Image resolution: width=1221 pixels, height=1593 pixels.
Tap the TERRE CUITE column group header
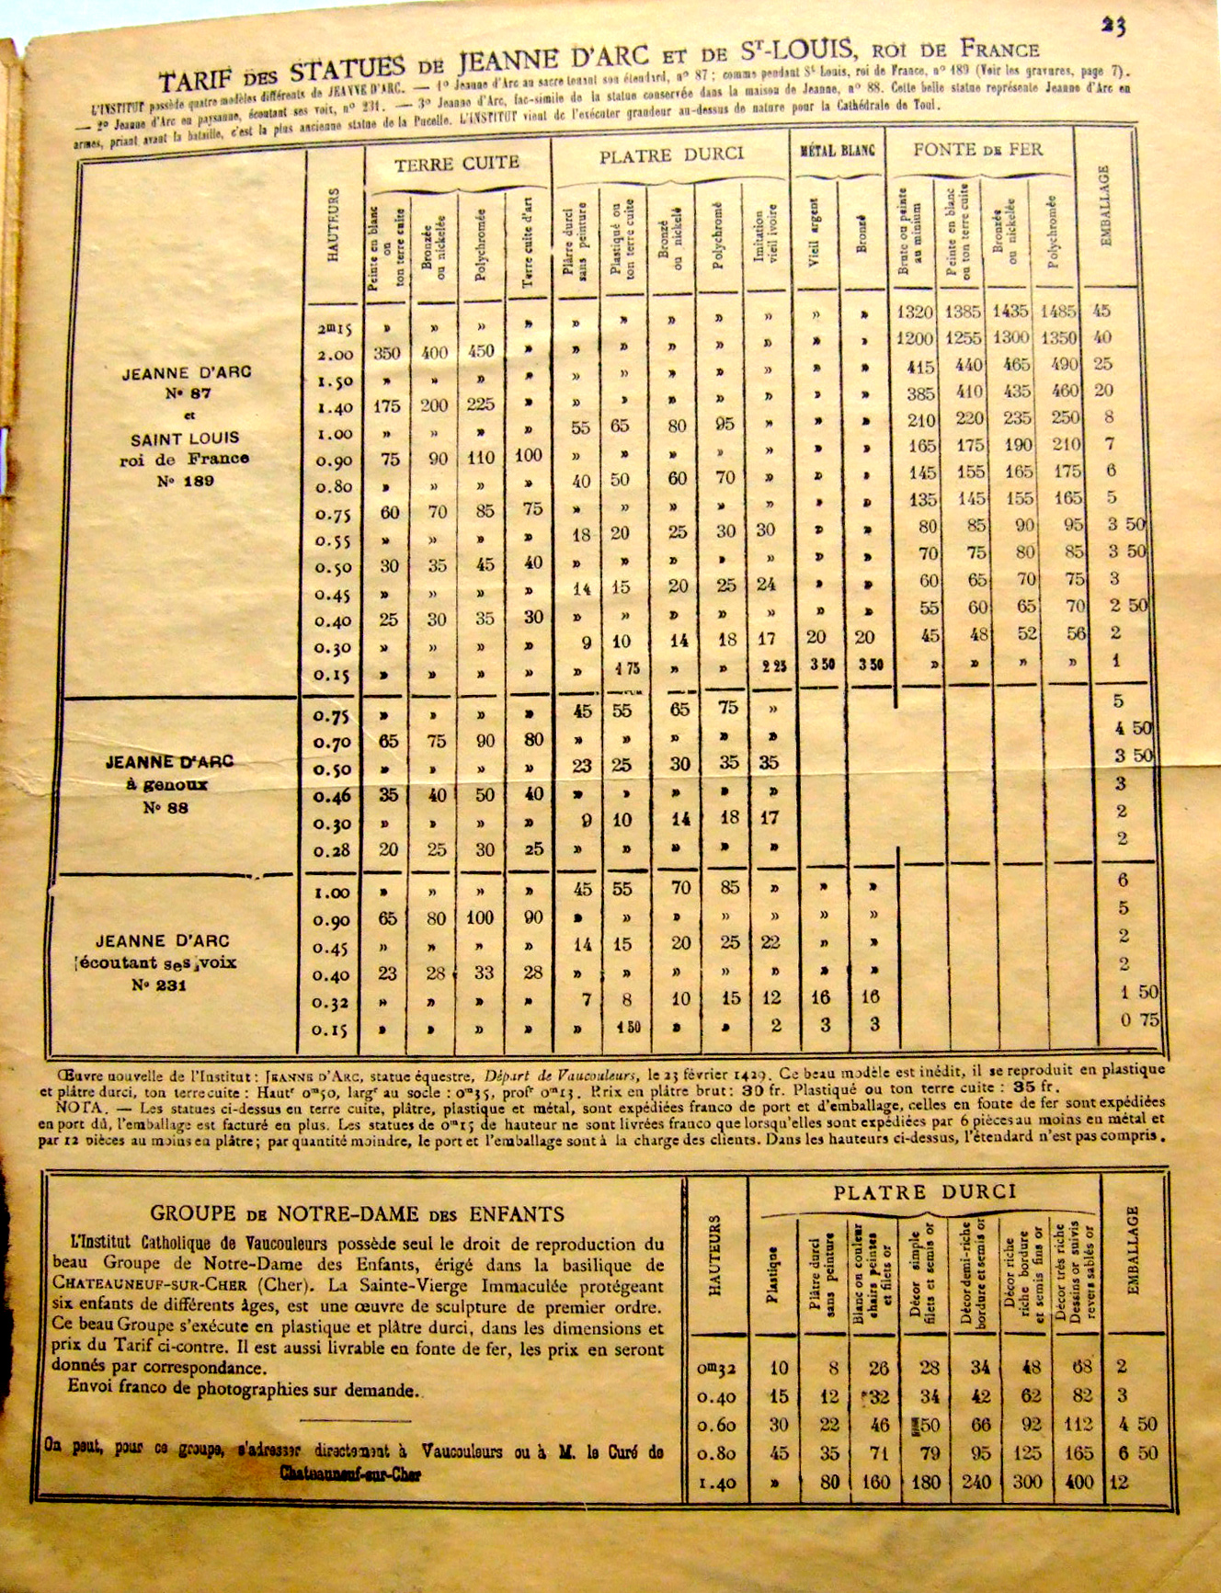coord(457,164)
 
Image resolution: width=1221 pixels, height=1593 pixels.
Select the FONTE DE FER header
coord(977,149)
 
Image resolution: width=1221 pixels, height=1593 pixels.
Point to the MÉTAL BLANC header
coord(838,149)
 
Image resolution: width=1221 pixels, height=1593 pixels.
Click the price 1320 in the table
coord(915,312)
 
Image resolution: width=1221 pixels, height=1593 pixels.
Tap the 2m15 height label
coord(335,328)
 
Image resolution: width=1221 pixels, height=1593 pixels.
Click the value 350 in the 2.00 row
coord(387,352)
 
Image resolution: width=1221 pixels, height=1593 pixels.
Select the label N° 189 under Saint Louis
coord(185,481)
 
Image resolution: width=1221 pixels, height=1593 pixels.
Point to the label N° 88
coord(165,808)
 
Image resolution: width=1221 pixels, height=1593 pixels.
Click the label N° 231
coord(158,985)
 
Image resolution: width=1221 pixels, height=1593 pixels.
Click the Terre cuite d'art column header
coord(529,243)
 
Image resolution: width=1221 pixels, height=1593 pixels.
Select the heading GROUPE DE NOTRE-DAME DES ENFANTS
coord(357,1213)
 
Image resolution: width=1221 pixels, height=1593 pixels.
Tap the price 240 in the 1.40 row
coord(980,1482)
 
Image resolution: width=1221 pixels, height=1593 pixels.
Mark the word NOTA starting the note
coord(59,1109)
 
